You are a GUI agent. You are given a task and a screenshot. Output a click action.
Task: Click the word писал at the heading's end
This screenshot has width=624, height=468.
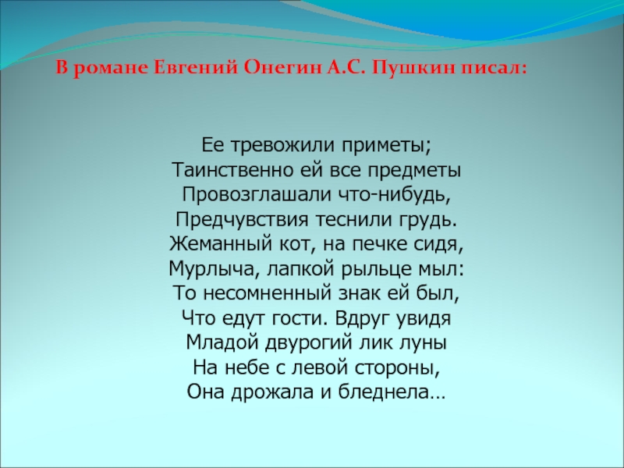(493, 69)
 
